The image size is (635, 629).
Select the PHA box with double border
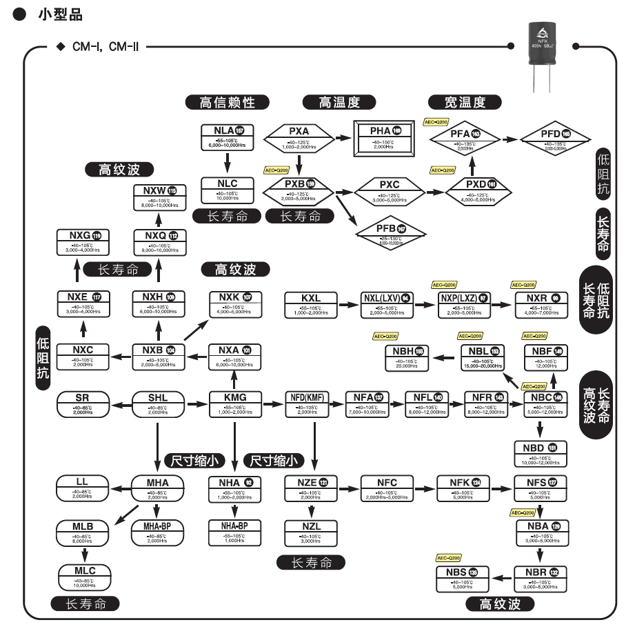click(383, 138)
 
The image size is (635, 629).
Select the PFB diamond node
click(390, 233)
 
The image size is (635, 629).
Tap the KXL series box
click(311, 303)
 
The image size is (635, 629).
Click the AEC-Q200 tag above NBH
click(386, 336)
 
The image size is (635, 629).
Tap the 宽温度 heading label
click(464, 102)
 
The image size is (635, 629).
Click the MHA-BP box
click(158, 532)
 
